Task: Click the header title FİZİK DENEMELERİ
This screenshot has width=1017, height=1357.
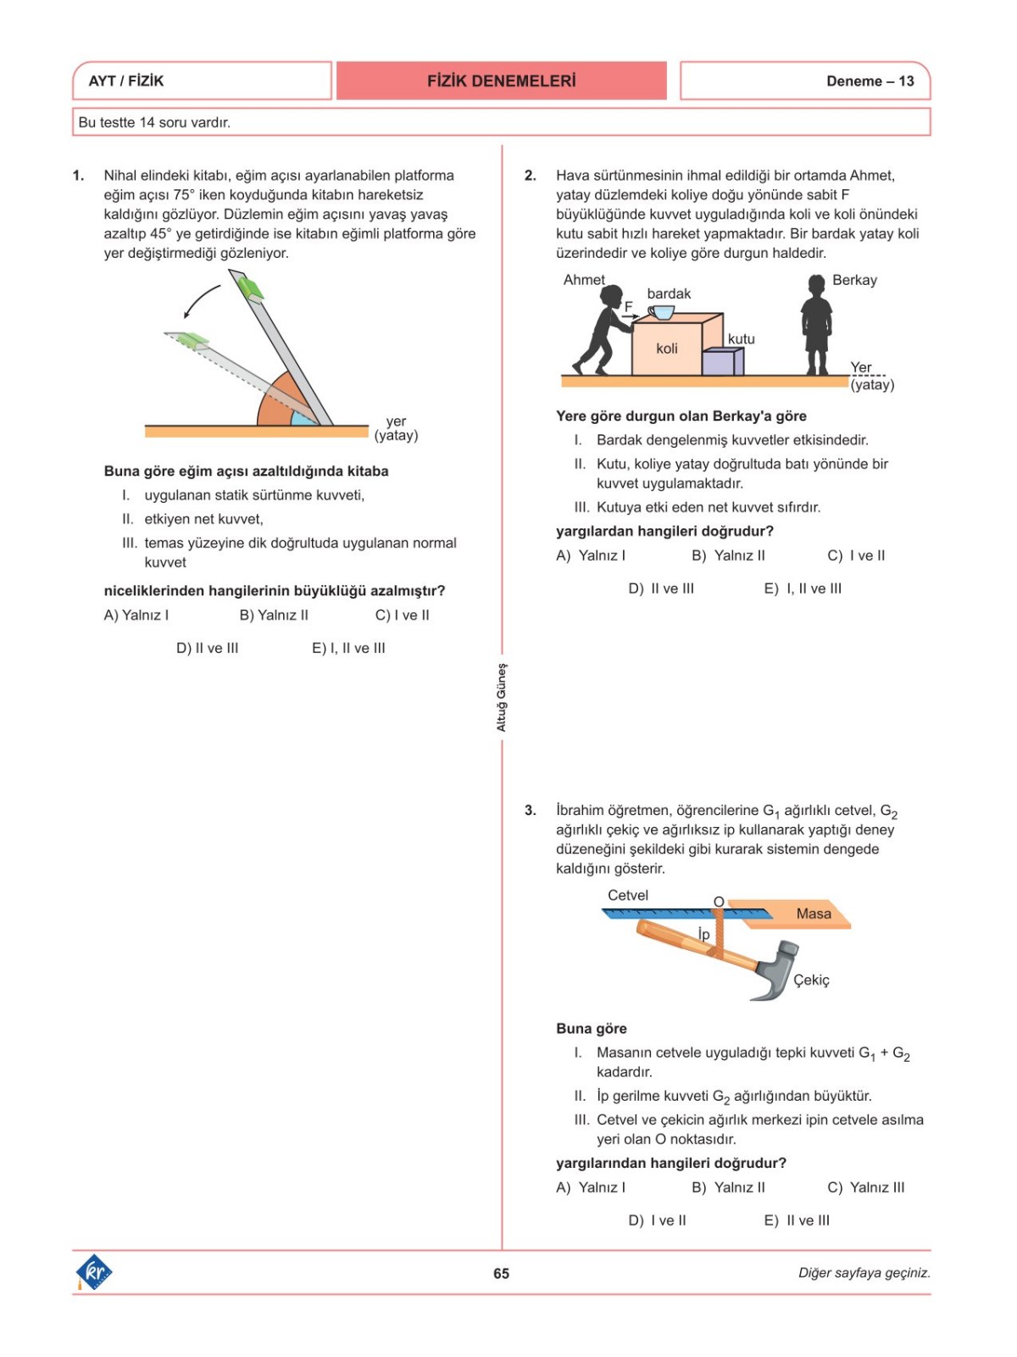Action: coord(501,81)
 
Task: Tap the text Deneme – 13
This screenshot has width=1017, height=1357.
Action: coord(870,81)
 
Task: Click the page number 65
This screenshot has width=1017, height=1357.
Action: coord(501,1273)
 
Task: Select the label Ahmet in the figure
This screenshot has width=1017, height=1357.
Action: coord(584,280)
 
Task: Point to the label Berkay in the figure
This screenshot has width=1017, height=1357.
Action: coord(854,280)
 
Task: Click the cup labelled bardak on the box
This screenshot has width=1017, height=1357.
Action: coord(661,313)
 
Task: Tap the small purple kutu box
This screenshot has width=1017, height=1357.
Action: coord(722,362)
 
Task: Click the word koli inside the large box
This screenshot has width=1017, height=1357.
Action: coord(667,349)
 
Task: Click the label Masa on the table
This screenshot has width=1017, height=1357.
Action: coord(814,913)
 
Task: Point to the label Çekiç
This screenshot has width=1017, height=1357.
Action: coord(811,980)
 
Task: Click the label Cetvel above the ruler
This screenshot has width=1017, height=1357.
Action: coord(628,896)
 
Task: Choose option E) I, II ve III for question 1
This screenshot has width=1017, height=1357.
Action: coord(348,648)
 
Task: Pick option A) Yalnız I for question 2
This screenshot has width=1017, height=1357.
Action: coord(591,556)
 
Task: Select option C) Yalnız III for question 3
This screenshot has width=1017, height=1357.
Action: coord(865,1187)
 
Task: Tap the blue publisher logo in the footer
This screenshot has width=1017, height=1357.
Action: coord(94,1272)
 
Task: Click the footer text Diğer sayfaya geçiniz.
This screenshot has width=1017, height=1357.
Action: coord(864,1273)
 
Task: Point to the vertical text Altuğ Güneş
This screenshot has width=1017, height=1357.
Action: coord(501,697)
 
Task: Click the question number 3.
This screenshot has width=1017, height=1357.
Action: coord(530,811)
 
